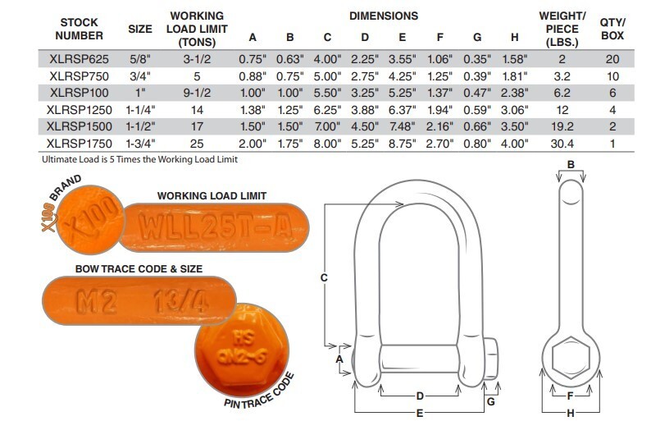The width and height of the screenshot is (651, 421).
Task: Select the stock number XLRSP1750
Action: coord(80,144)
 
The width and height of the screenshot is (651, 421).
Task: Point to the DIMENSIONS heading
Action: coord(383,16)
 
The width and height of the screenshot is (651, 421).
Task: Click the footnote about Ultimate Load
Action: coord(128,159)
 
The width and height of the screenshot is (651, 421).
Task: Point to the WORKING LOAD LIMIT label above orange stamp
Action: coord(211,195)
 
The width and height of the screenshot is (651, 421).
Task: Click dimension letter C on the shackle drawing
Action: coord(325,279)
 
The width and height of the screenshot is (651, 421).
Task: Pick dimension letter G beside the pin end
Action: coord(491,402)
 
